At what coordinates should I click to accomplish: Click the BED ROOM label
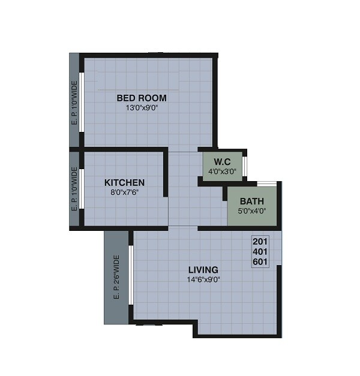tap(142, 98)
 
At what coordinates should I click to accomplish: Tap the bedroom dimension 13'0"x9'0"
tap(142, 108)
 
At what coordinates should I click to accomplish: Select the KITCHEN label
tap(124, 182)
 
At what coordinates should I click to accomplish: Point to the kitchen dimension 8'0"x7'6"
tap(124, 192)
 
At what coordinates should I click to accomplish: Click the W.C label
tap(223, 161)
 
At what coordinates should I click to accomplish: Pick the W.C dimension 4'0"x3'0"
tap(223, 171)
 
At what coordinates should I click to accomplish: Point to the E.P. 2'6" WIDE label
tap(116, 277)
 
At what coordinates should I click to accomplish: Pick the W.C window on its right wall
tap(244, 166)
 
